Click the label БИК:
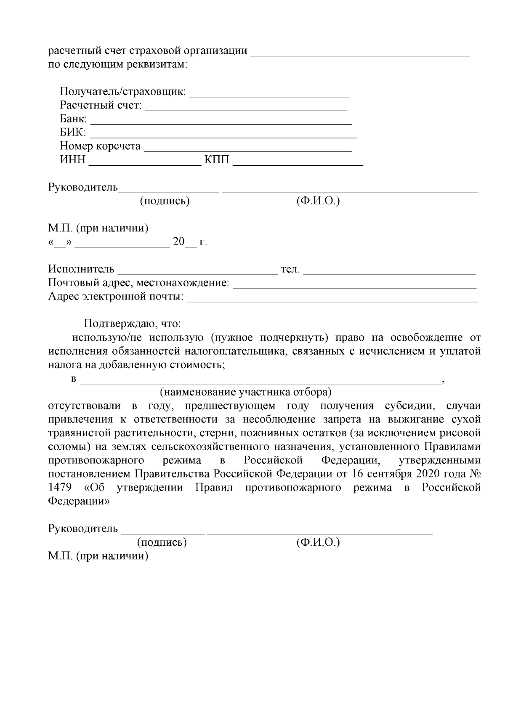73,133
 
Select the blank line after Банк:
221,123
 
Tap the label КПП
217,160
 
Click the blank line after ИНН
145,165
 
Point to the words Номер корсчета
100,146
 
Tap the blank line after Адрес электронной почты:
332,300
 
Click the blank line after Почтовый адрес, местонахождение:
354,287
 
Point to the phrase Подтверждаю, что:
133,324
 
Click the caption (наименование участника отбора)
245,393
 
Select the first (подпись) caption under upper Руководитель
165,201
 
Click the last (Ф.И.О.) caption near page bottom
318,542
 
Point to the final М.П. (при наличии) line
98,556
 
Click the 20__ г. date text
190,242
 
